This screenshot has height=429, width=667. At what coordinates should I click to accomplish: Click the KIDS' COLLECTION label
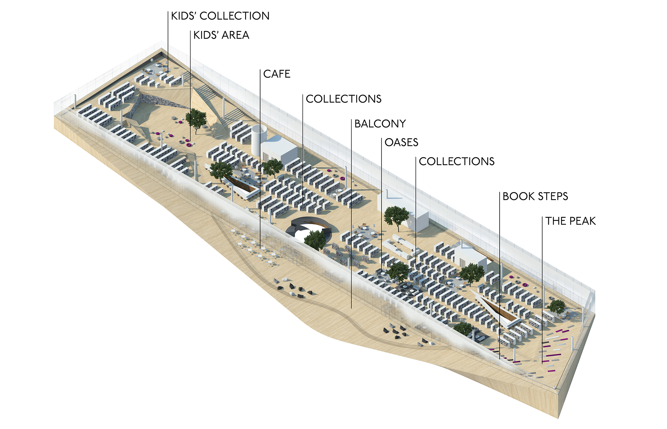point(220,16)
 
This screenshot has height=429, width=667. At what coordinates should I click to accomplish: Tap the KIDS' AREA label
point(221,35)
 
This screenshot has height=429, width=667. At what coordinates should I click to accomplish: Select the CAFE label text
point(276,74)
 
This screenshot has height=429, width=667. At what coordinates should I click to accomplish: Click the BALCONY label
point(380,124)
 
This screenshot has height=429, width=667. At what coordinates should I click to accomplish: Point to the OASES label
point(401,143)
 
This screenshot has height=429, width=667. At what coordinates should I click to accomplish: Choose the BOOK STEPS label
point(535,197)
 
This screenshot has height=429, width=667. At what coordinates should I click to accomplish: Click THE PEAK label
point(570,221)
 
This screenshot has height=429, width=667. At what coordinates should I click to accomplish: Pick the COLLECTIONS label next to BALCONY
point(344,99)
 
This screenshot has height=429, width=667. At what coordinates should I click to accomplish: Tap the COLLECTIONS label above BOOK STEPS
point(457,162)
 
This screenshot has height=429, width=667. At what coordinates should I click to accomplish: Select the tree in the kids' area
point(196,118)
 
